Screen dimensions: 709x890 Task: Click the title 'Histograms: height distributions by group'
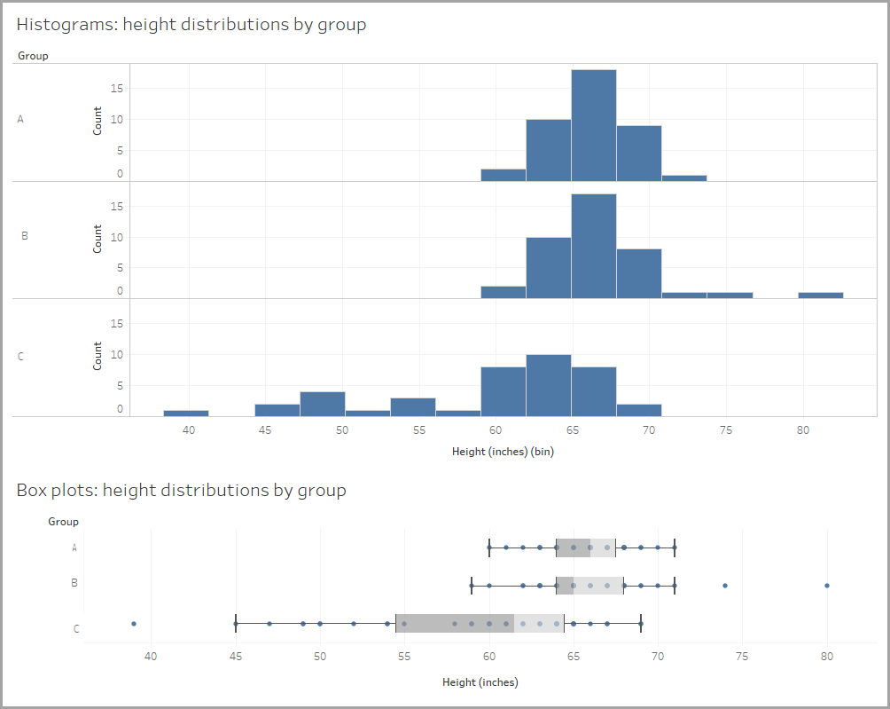pos(191,25)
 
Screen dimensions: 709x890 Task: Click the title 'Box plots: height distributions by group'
pos(181,490)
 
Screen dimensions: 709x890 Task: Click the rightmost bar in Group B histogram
pos(820,295)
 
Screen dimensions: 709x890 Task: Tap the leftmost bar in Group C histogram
pos(186,413)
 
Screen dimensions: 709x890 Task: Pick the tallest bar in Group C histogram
pos(548,384)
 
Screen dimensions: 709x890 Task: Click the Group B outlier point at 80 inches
pos(827,586)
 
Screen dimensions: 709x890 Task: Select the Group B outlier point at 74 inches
pos(725,586)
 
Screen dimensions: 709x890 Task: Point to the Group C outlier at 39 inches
pos(133,624)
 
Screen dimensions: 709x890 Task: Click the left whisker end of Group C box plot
pos(235,624)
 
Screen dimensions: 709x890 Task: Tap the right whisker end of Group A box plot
pos(675,548)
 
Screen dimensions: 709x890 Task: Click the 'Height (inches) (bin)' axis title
pos(503,452)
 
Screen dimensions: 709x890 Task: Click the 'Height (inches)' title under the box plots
pos(480,682)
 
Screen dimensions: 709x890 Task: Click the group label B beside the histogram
pos(24,236)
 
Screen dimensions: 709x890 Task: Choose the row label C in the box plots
pos(76,629)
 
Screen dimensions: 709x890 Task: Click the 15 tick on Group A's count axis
pos(117,89)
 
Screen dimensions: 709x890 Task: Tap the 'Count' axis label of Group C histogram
pos(98,356)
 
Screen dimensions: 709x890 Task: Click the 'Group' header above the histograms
pos(33,56)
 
